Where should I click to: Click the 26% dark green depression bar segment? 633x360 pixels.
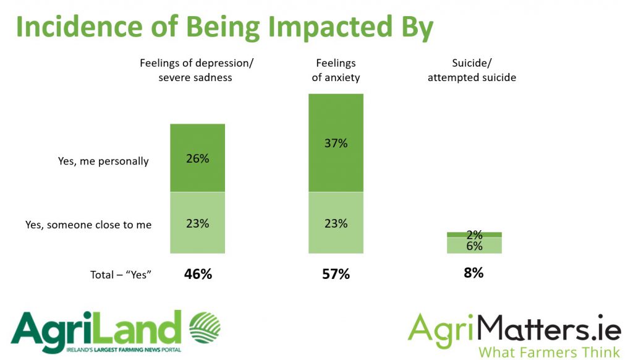pos(197,158)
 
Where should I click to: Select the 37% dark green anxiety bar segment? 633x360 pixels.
pos(336,143)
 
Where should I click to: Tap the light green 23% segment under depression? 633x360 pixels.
pos(197,223)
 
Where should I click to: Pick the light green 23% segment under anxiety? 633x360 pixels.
pos(336,223)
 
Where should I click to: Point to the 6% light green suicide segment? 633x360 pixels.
pos(474,246)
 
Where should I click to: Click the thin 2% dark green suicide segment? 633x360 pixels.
pos(474,234)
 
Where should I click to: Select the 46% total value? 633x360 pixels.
pos(198,273)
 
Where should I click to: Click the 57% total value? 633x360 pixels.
pos(336,273)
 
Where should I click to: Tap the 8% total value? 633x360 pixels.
pos(474,272)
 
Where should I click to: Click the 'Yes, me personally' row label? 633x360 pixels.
pos(103,161)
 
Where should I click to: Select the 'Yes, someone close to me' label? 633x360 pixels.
pos(88,225)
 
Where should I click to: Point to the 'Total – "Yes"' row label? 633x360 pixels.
pos(120,275)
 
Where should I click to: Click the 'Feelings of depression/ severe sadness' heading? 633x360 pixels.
pos(197,70)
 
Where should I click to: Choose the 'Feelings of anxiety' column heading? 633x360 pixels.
pos(336,70)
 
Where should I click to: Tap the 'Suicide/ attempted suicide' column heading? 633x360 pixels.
pos(472,70)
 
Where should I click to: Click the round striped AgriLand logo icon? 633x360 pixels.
pos(204,328)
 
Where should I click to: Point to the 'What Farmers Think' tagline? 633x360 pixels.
pos(550,353)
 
